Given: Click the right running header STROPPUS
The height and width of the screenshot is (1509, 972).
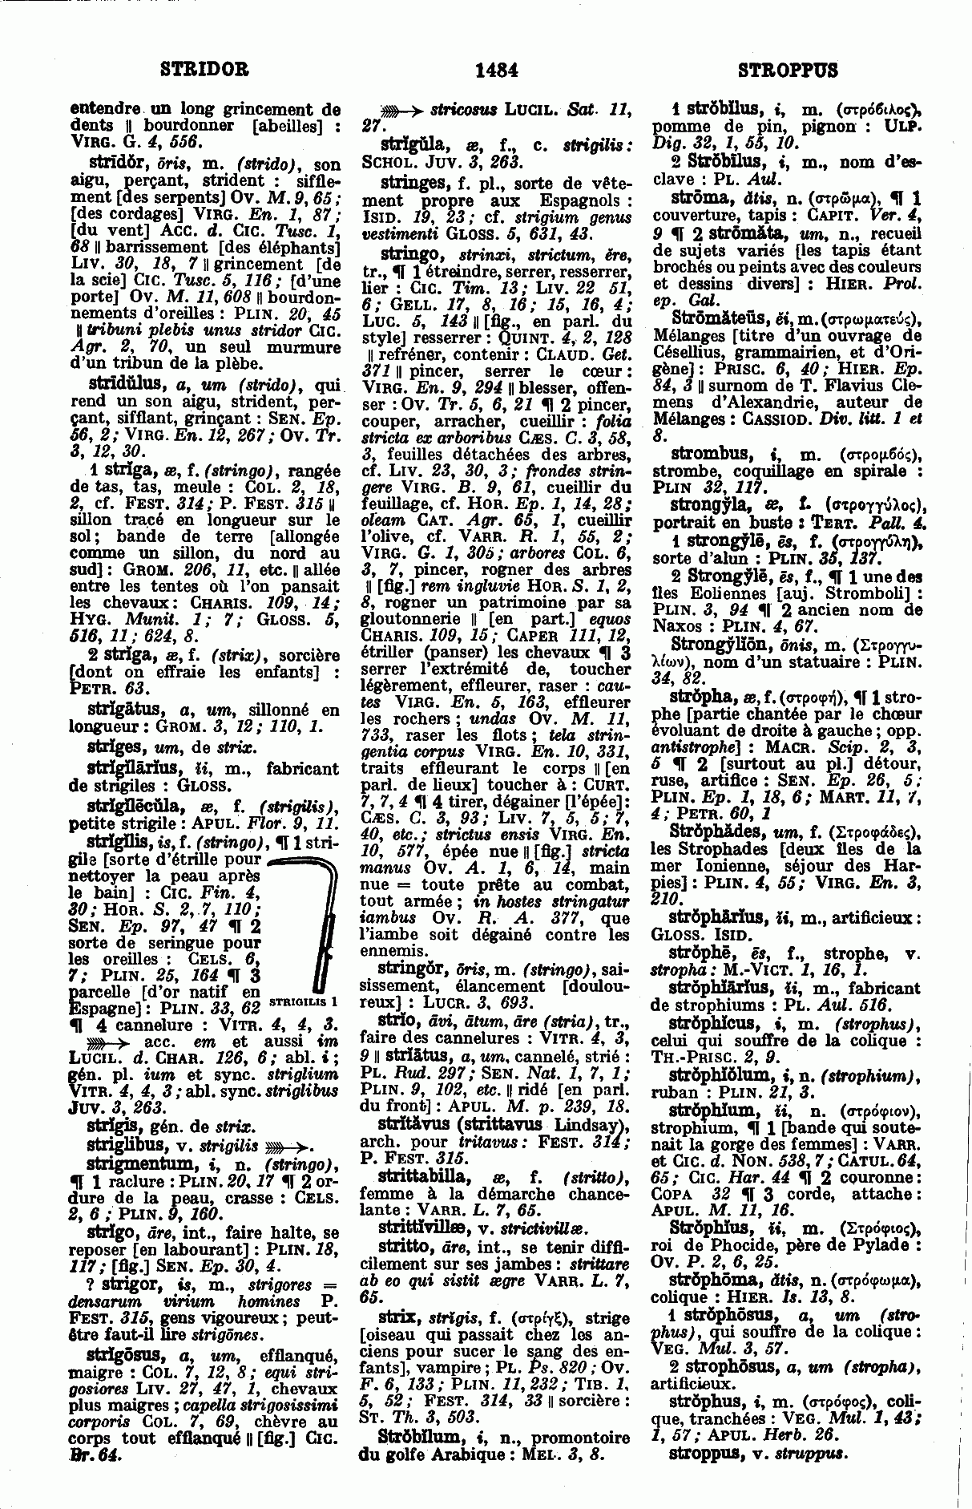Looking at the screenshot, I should [x=787, y=70].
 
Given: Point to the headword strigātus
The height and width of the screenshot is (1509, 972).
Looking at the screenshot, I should [x=127, y=710].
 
